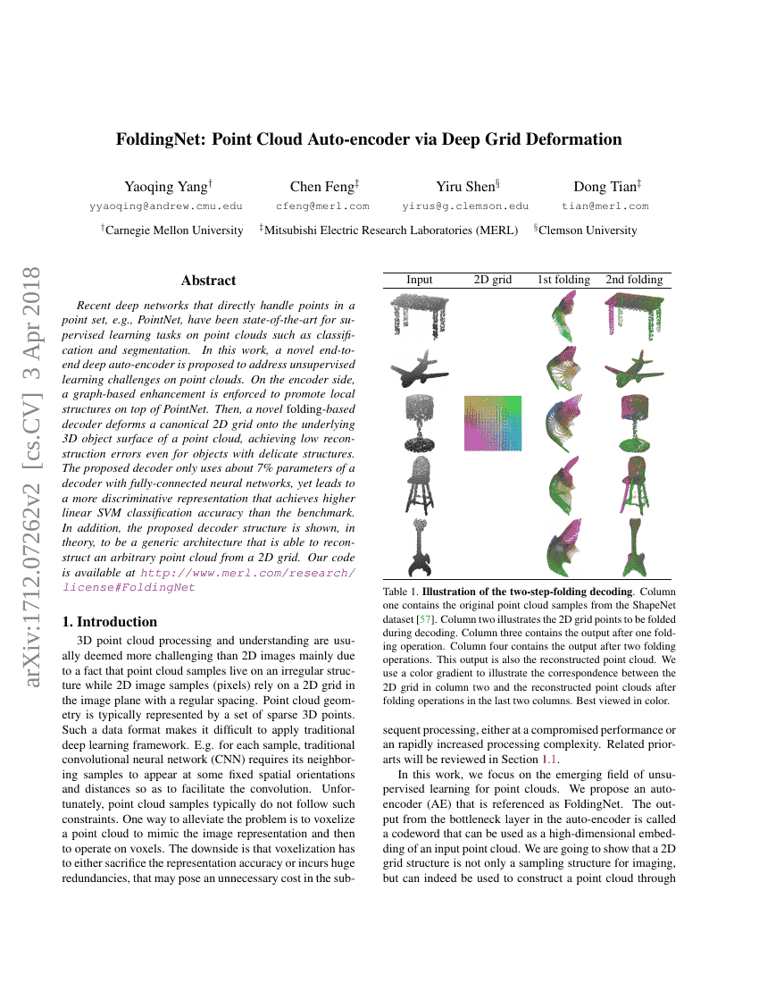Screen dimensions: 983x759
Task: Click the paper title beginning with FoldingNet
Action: (x=369, y=139)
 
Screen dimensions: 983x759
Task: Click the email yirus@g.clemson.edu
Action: (x=465, y=206)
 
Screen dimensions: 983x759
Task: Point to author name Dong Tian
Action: (x=605, y=187)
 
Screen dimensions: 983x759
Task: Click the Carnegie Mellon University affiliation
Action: (x=173, y=231)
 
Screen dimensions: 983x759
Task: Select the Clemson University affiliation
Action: (x=587, y=231)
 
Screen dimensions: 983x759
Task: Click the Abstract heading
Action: (x=208, y=281)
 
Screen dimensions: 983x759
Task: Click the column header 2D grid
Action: (x=492, y=280)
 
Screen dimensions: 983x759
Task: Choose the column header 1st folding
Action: (x=563, y=280)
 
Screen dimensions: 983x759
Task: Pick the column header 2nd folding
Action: (x=634, y=280)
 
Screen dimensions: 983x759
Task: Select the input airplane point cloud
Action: (x=419, y=367)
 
